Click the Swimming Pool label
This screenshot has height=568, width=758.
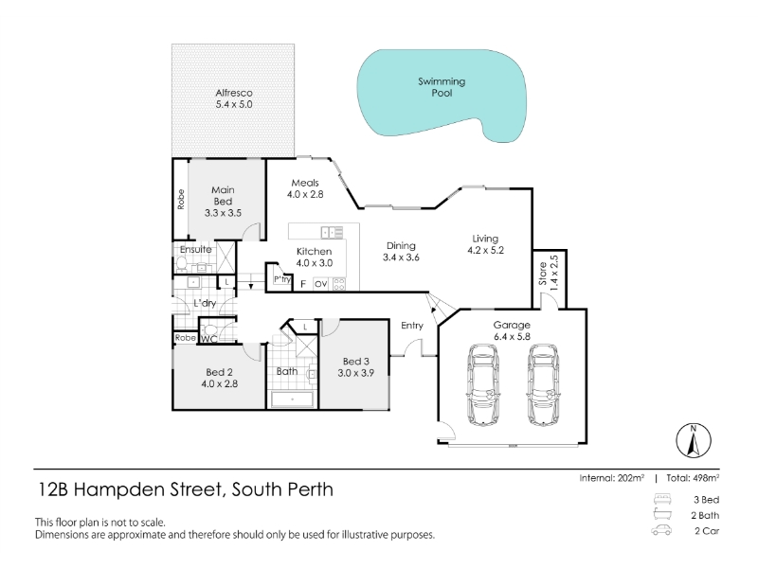click(x=442, y=87)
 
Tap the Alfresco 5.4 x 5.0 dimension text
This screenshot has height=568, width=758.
click(x=234, y=104)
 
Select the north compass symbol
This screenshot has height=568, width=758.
click(x=694, y=440)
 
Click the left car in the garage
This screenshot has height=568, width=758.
click(x=483, y=385)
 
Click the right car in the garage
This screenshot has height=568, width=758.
click(x=544, y=385)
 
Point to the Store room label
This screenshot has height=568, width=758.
click(x=543, y=274)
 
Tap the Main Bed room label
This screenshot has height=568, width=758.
click(x=223, y=196)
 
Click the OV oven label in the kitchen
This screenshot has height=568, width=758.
click(x=320, y=284)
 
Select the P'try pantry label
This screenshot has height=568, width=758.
click(x=281, y=279)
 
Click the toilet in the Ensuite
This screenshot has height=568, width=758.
click(x=181, y=264)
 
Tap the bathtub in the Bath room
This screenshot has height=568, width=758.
click(x=293, y=399)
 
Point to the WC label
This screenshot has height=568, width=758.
click(x=208, y=339)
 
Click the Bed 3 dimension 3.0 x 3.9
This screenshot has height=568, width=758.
click(x=356, y=373)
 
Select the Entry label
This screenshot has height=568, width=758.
click(x=412, y=326)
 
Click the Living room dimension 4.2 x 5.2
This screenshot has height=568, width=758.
click(x=485, y=250)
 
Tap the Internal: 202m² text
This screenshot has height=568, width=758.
click(x=611, y=478)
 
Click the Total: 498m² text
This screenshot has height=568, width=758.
click(x=693, y=478)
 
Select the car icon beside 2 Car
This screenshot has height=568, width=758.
click(x=661, y=530)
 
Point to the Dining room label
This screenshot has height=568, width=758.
click(x=401, y=246)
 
